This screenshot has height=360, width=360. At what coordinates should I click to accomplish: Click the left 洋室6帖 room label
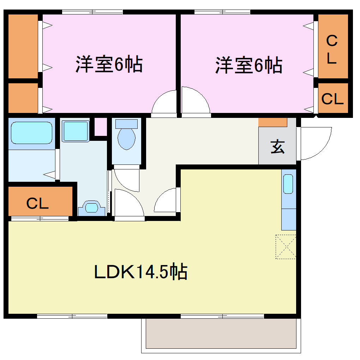109,65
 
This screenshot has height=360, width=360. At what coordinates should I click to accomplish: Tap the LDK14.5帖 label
140,272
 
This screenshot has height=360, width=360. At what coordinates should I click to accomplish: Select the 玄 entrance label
277,147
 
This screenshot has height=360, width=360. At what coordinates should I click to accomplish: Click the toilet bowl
126,138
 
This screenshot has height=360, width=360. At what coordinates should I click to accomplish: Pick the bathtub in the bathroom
31,133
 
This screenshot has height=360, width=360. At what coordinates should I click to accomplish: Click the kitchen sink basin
288,184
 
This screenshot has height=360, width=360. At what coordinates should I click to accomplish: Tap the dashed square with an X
286,247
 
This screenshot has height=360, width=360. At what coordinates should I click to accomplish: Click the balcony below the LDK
221,334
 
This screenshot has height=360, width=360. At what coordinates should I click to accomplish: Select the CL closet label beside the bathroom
38,203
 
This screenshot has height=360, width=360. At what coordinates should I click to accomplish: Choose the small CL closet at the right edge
332,99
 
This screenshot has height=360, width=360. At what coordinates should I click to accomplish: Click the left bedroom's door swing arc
164,102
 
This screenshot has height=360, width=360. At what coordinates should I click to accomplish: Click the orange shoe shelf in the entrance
272,122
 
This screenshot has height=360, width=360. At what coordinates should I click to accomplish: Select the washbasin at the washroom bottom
91,208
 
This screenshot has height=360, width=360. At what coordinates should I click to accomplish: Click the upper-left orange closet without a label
23,46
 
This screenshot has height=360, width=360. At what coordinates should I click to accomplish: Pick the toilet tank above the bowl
126,124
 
